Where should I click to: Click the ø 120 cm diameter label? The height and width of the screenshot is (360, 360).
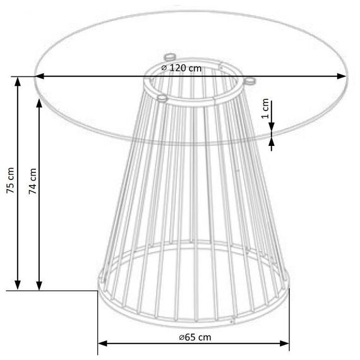click(181, 68)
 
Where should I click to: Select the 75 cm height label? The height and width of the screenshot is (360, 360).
click(10, 181)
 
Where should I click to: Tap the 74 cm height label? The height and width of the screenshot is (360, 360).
click(33, 181)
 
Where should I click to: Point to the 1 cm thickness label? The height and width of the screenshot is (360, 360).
click(265, 108)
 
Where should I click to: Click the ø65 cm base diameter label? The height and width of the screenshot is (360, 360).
click(195, 337)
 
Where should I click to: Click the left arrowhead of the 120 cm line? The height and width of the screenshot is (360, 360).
click(39, 76)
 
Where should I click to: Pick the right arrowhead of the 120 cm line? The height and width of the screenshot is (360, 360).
click(342, 76)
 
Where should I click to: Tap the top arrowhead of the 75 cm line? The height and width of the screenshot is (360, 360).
click(18, 81)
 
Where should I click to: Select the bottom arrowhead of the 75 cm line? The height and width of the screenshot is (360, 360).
click(18, 285)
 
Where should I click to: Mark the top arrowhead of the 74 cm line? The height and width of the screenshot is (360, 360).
click(39, 104)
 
